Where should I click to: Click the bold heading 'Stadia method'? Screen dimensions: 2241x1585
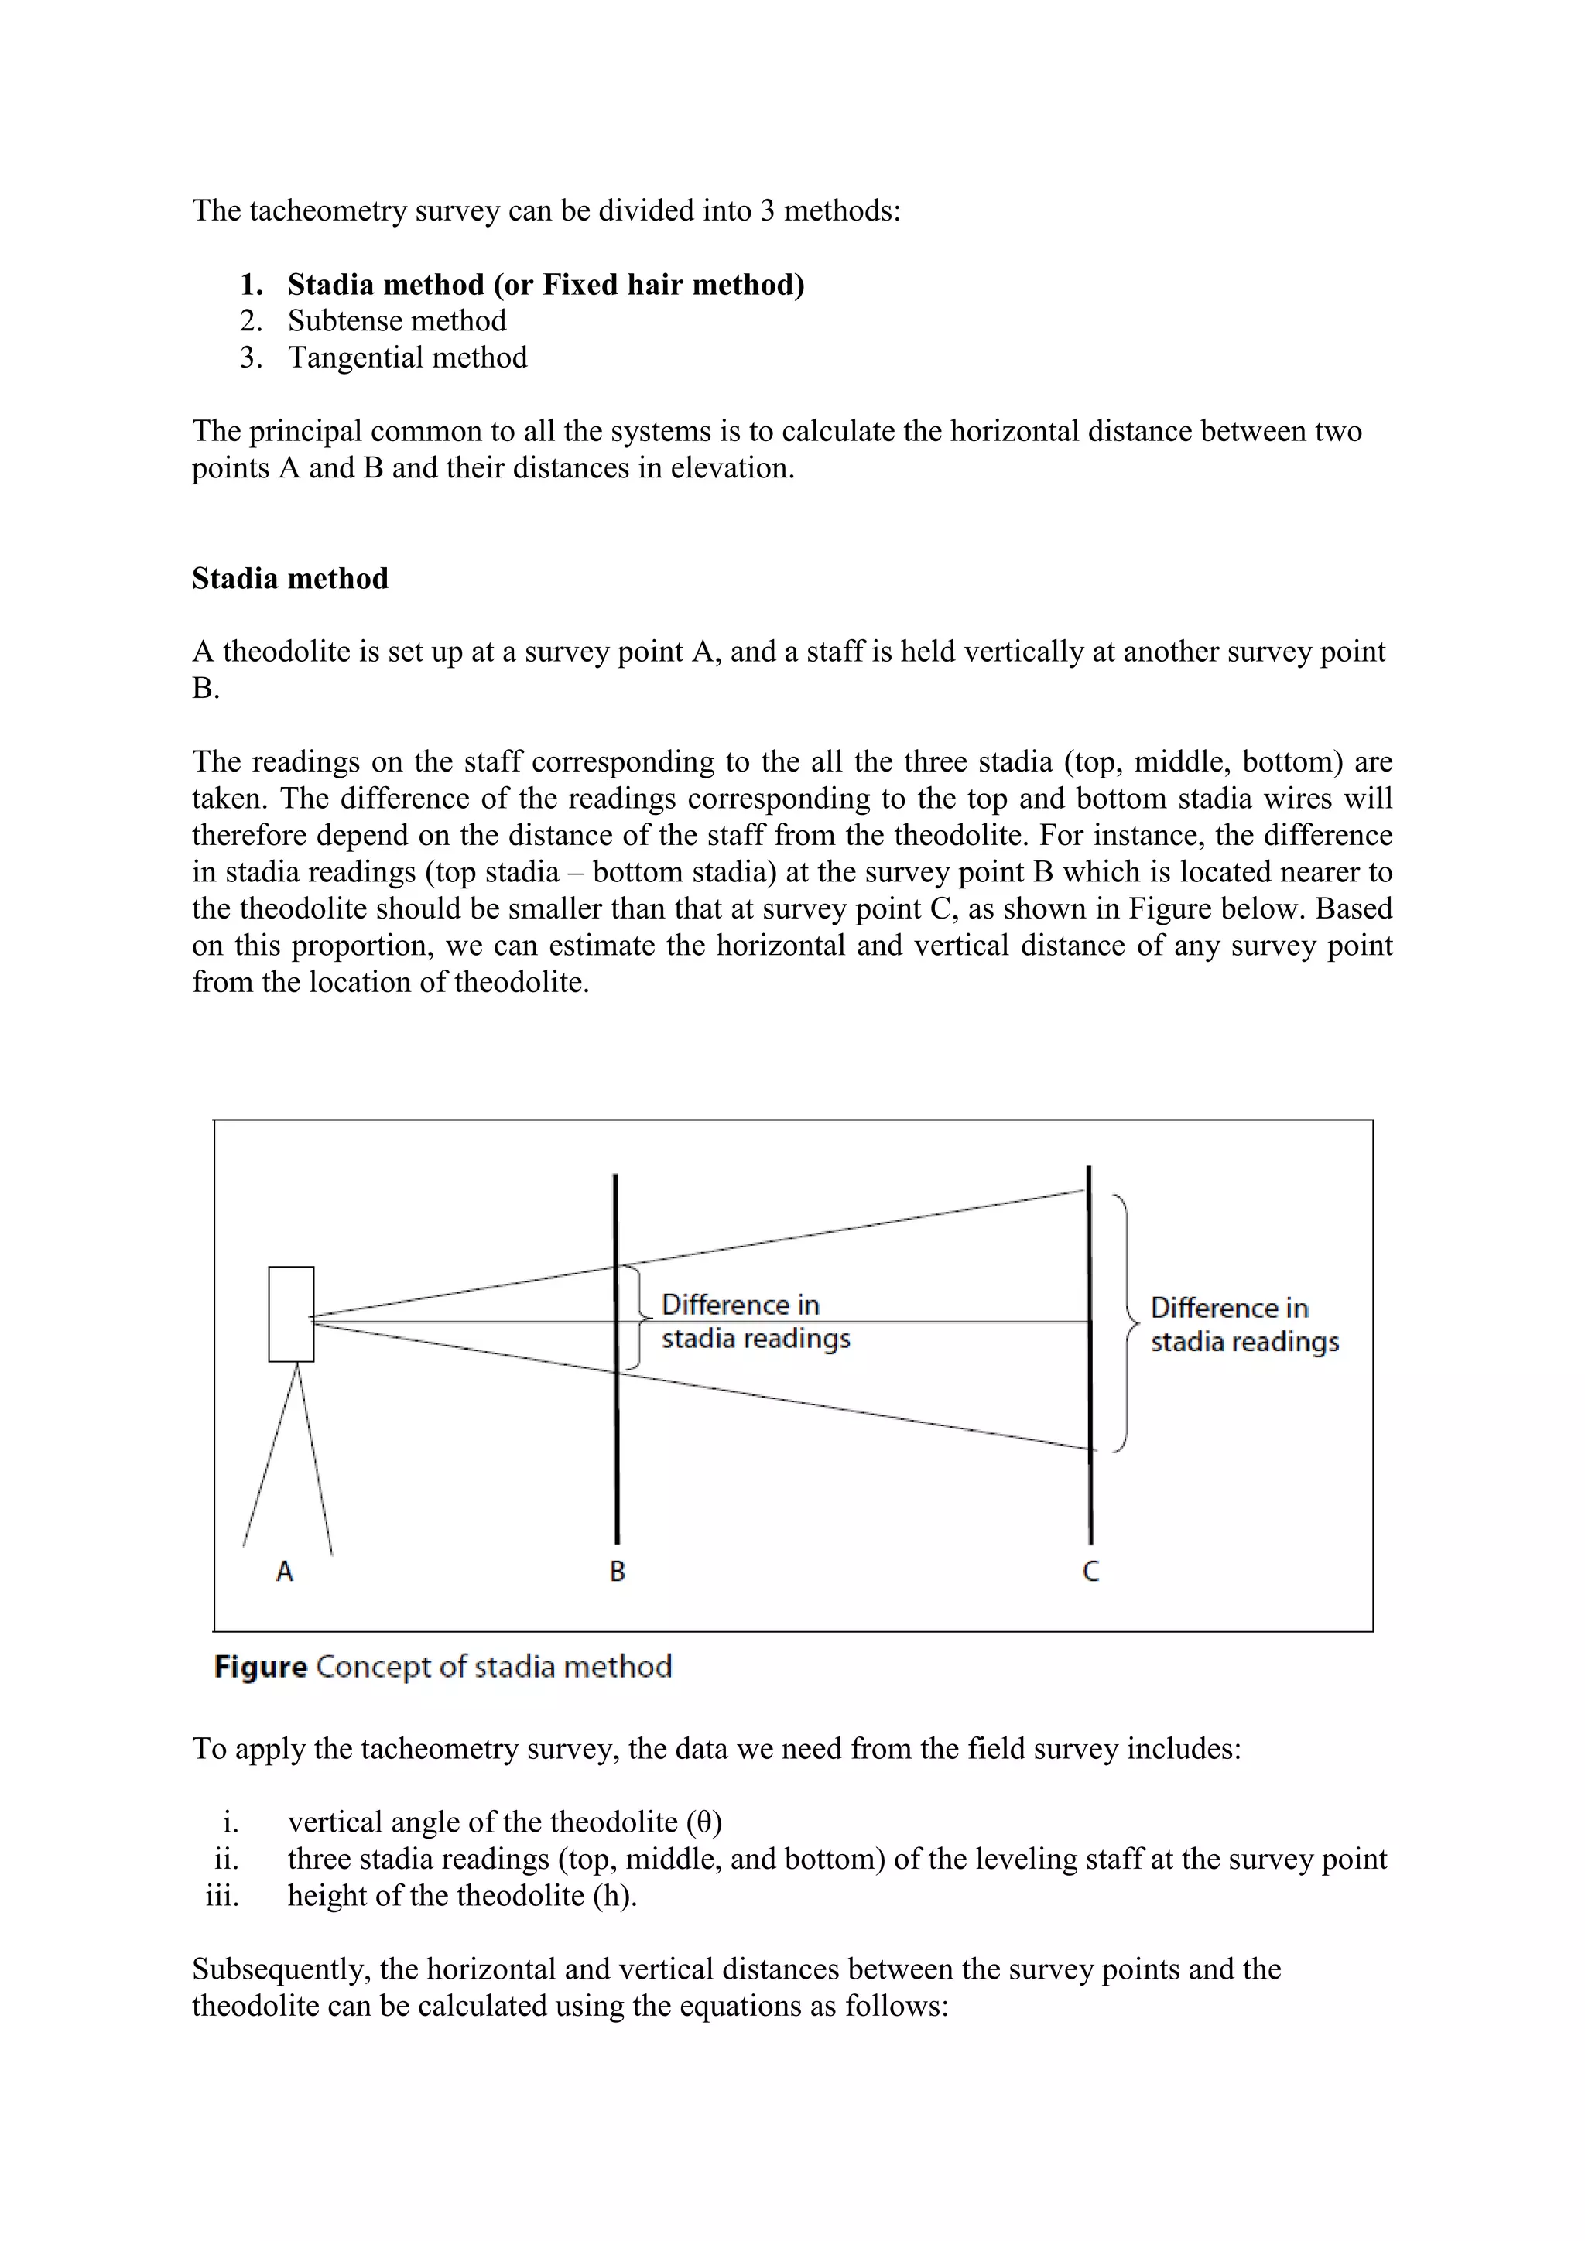point(290,579)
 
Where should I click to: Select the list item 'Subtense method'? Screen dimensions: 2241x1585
point(396,321)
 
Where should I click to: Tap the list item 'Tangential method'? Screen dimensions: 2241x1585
point(407,358)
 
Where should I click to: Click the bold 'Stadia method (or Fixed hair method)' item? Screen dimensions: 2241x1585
point(546,285)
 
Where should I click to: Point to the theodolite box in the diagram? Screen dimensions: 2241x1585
point(291,1314)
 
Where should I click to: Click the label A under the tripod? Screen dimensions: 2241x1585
point(285,1572)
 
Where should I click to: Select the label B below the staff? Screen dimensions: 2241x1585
point(617,1572)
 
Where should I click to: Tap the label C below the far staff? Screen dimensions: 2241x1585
point(1091,1572)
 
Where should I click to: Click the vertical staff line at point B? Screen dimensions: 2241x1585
point(617,1464)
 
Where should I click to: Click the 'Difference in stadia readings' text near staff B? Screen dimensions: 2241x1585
point(755,1322)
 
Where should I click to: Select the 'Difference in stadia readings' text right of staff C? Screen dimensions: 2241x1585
point(1244,1325)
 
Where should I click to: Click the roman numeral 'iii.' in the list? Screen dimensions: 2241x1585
point(223,1897)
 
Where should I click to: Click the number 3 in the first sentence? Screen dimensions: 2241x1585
point(767,210)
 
